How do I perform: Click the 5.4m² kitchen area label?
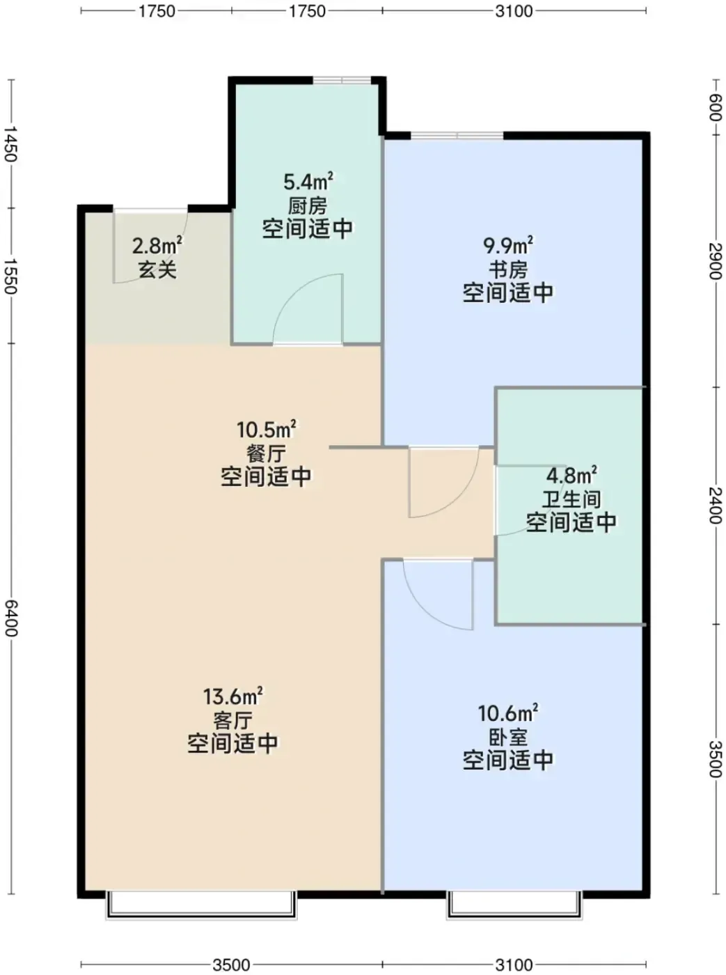pyautogui.click(x=308, y=181)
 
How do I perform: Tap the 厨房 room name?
pyautogui.click(x=308, y=205)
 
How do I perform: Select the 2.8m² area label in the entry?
pyautogui.click(x=157, y=245)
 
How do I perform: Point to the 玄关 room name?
pyautogui.click(x=157, y=270)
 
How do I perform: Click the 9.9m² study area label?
pyautogui.click(x=508, y=245)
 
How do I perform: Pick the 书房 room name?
pyautogui.click(x=508, y=270)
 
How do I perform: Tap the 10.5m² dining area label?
pyautogui.click(x=267, y=429)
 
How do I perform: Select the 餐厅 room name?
pyautogui.click(x=266, y=453)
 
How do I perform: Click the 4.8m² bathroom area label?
pyautogui.click(x=571, y=475)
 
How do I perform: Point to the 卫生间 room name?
pyautogui.click(x=571, y=499)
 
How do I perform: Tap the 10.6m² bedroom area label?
pyautogui.click(x=508, y=713)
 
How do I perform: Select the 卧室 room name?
pyautogui.click(x=508, y=738)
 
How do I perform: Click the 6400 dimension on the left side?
pyautogui.click(x=11, y=618)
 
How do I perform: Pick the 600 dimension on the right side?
pyautogui.click(x=715, y=107)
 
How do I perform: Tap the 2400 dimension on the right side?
pyautogui.click(x=715, y=505)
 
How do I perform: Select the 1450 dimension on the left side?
pyautogui.click(x=11, y=143)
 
